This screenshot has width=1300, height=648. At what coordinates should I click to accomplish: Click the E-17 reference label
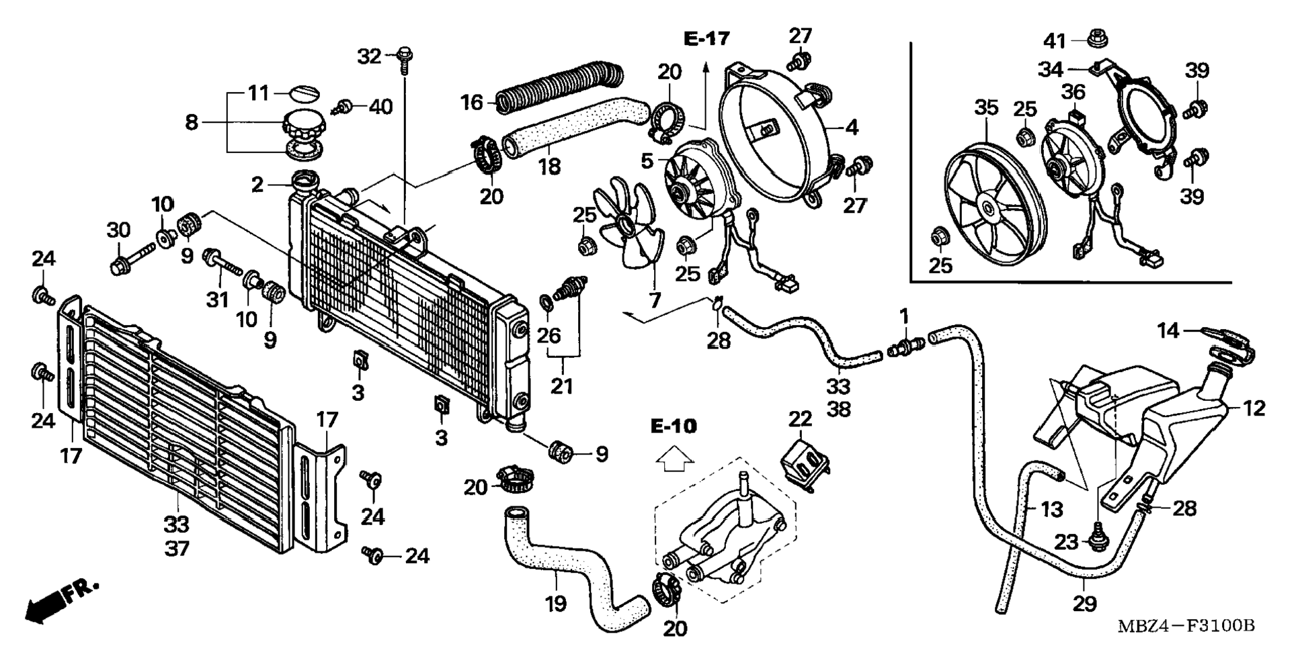pos(706,39)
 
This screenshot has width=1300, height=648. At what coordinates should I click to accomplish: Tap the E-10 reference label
pos(674,426)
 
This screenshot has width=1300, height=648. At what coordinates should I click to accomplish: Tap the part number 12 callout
pos(1254,408)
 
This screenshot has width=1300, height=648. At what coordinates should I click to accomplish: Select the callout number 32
pos(369,56)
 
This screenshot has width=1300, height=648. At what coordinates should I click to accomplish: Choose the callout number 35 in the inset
pos(986,108)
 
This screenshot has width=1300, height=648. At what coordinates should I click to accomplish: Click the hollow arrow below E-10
pos(675,461)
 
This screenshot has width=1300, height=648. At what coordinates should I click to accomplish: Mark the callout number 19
pos(555,604)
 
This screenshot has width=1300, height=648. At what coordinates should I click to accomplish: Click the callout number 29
pos(1084,604)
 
